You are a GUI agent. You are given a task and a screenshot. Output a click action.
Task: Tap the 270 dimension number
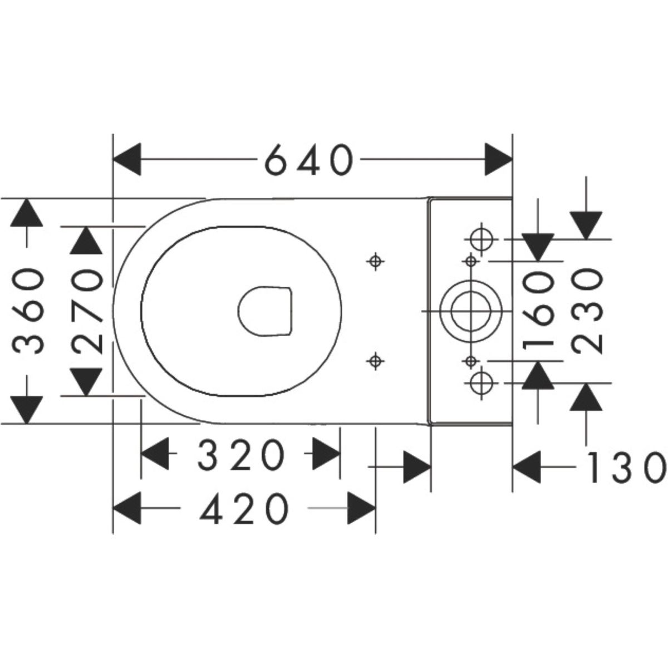tap(88, 311)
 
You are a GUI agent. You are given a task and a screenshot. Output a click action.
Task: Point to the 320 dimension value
tap(240, 454)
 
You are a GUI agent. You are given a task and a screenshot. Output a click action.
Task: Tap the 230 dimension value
tap(587, 311)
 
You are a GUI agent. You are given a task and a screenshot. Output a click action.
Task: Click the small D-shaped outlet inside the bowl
tap(266, 311)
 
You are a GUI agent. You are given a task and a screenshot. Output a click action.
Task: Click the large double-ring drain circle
tap(470, 311)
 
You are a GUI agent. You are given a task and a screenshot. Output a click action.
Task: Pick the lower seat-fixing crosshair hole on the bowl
tap(376, 361)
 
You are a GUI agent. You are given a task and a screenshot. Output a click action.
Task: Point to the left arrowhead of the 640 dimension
tap(127, 160)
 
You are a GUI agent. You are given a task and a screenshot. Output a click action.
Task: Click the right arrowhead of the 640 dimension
tap(498, 160)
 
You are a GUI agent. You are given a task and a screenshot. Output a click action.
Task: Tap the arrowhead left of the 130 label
tap(527, 467)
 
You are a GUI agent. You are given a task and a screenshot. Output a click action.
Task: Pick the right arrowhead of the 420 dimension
tap(362, 508)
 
